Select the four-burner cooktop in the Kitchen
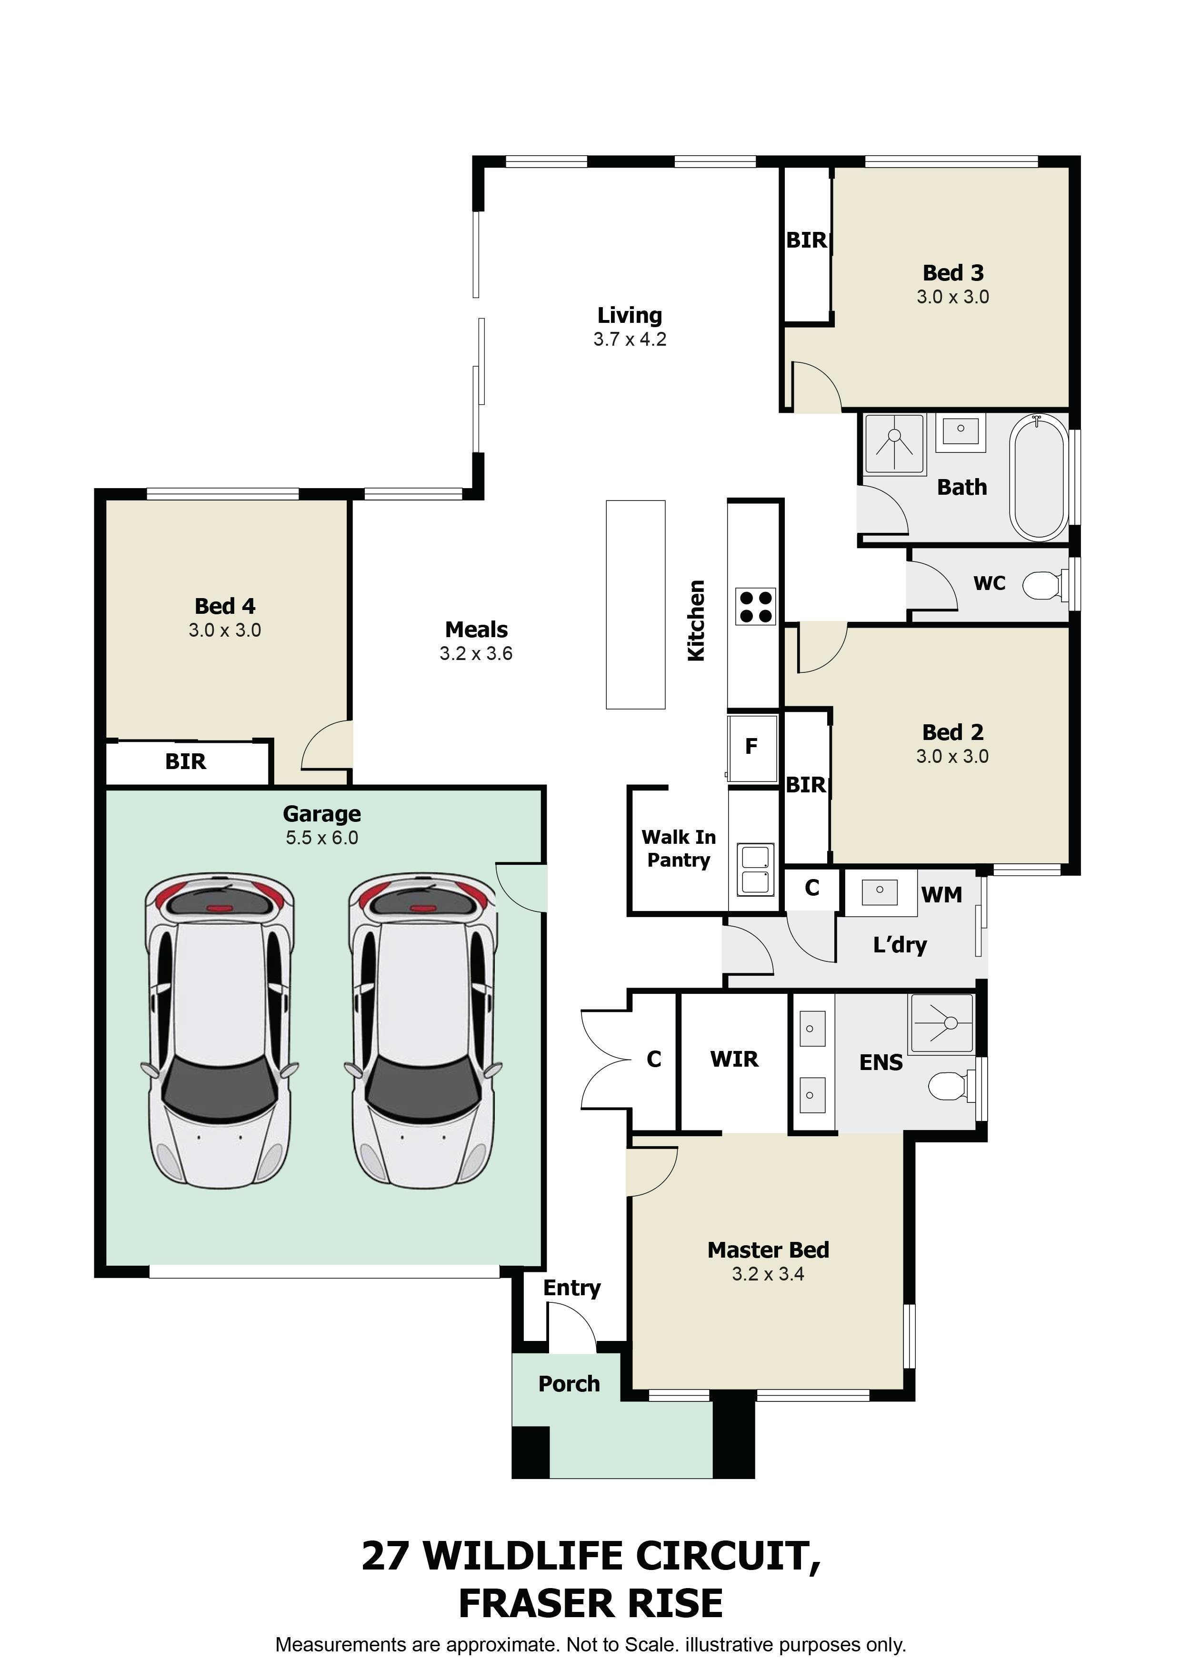(756, 607)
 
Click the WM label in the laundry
(942, 895)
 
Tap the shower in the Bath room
(894, 444)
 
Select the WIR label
(734, 1059)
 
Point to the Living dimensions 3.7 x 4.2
(630, 340)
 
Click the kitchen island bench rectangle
(636, 604)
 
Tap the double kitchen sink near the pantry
(756, 869)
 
